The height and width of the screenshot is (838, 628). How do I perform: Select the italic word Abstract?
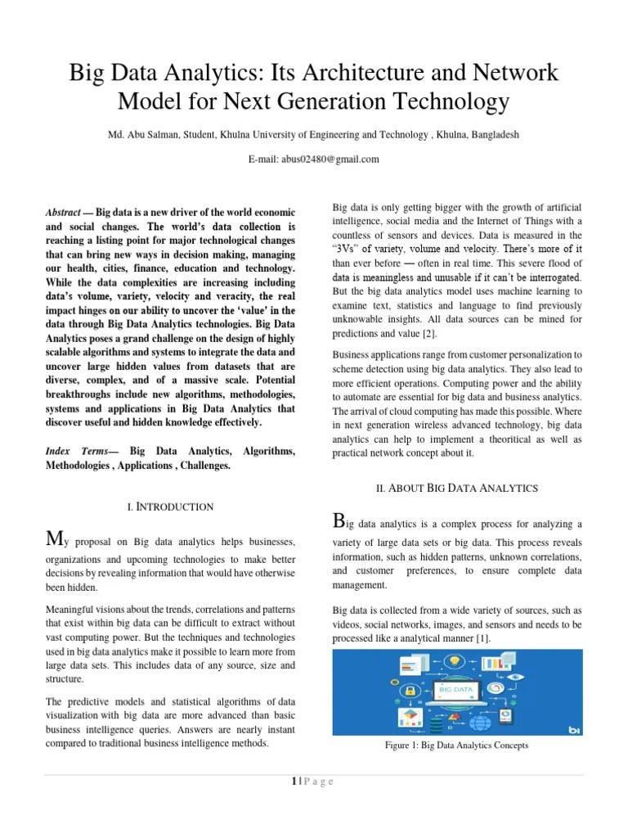pos(62,212)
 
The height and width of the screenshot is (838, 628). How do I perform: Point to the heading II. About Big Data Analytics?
pos(456,488)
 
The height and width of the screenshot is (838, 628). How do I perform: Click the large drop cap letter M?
pos(54,538)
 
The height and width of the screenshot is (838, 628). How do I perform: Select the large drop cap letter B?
pos(341,520)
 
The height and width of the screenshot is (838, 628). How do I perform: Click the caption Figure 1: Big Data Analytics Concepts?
pos(458,745)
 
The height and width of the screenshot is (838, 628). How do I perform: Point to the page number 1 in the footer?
pos(292,782)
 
